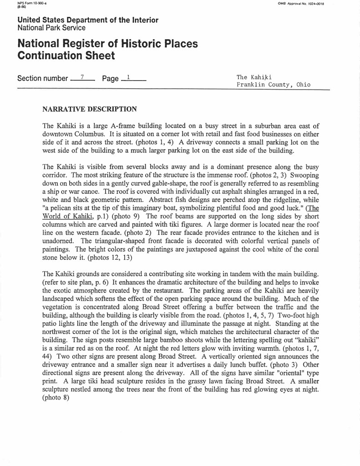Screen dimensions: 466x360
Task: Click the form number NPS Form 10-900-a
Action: point(28,4)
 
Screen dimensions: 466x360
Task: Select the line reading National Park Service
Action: point(51,28)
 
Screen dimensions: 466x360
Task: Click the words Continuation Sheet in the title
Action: point(66,56)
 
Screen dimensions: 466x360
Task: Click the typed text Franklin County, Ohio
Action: point(274,85)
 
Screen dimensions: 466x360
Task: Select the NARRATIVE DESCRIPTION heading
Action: point(89,109)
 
